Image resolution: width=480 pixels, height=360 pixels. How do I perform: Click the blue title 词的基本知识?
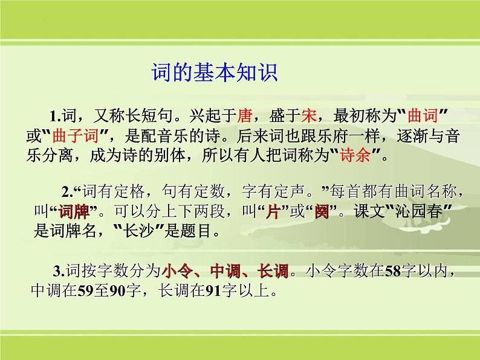(213, 74)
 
